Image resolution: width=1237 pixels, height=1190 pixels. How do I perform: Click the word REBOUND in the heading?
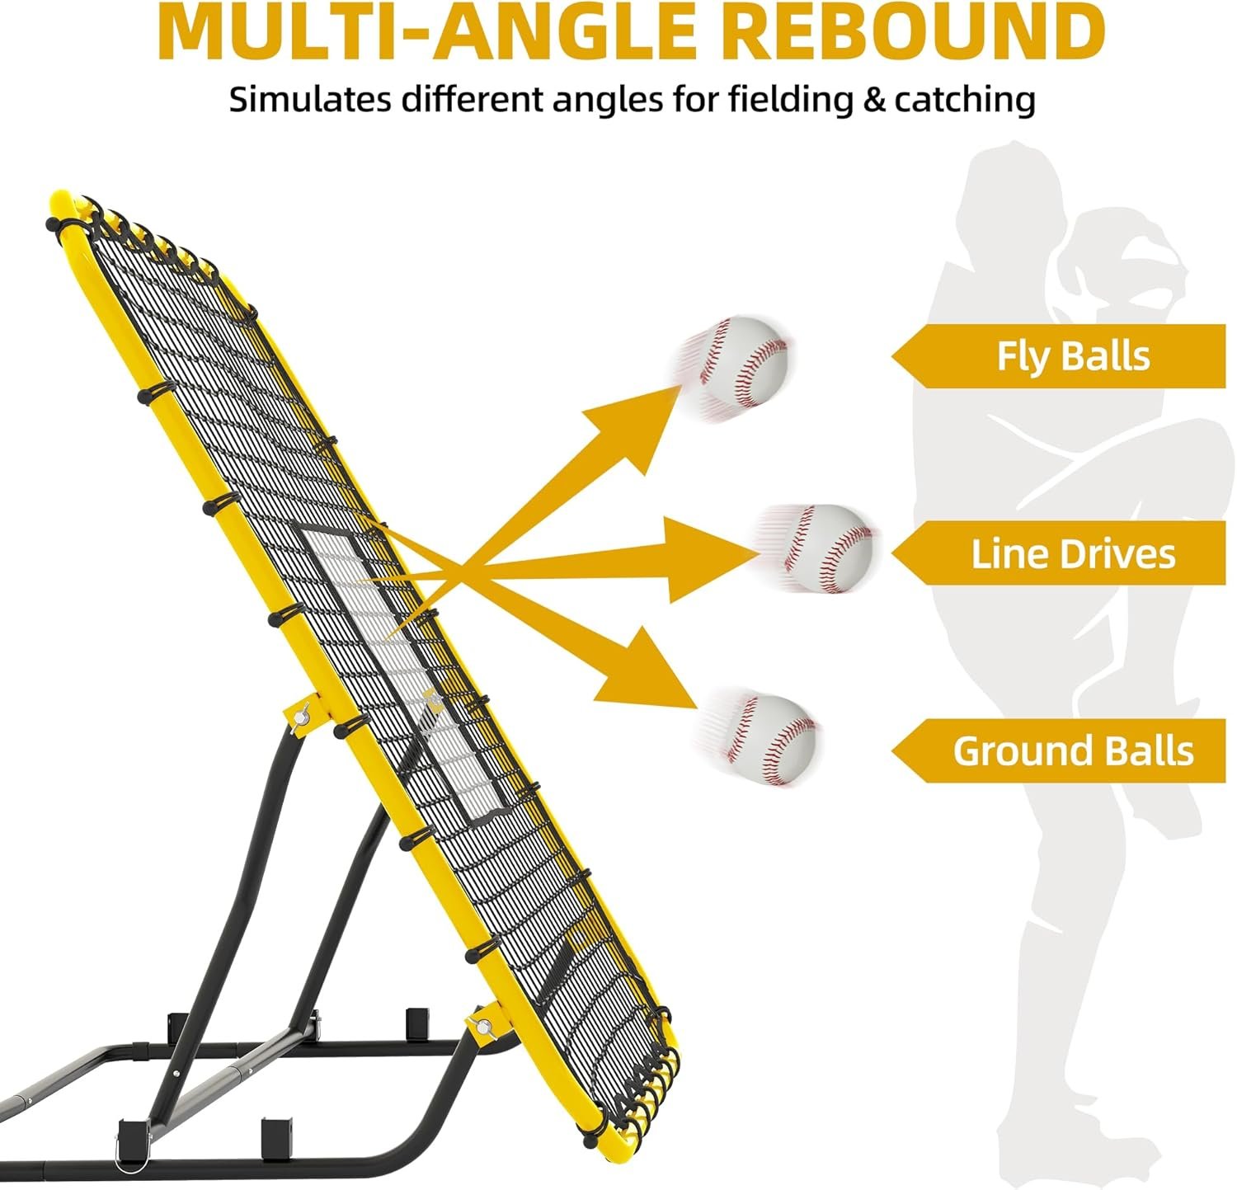pyautogui.click(x=915, y=31)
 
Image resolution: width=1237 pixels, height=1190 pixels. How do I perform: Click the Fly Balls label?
pyautogui.click(x=1072, y=356)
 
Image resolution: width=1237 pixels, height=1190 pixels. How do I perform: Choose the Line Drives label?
pyautogui.click(x=1072, y=553)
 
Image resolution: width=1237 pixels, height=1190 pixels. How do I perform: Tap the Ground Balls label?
pyautogui.click(x=1072, y=750)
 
